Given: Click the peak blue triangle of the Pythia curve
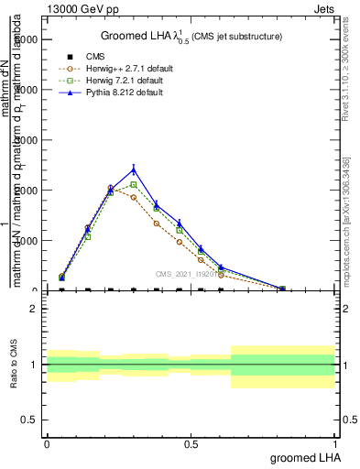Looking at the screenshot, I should pyautogui.click(x=134, y=169).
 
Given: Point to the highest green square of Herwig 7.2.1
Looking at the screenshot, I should pyautogui.click(x=134, y=185).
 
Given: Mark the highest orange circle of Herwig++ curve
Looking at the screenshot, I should pyautogui.click(x=111, y=188).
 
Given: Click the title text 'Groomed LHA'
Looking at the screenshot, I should pyautogui.click(x=128, y=37).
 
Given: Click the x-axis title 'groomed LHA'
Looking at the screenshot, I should pyautogui.click(x=300, y=457).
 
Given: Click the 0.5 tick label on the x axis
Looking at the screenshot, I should pyautogui.click(x=190, y=444).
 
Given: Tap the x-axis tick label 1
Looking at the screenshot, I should pyautogui.click(x=335, y=444).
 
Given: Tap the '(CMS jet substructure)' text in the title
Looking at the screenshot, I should pyautogui.click(x=236, y=37).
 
